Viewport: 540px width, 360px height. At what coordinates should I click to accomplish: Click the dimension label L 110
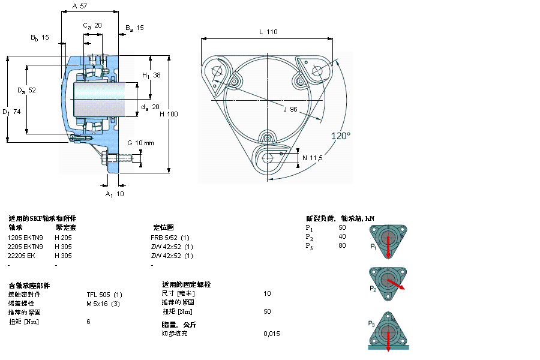coord(268,32)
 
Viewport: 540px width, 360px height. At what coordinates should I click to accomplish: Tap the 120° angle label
coord(341,136)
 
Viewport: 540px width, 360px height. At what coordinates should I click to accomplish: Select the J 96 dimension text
coord(290,109)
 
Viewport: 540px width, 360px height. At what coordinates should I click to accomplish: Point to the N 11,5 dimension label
coord(313,158)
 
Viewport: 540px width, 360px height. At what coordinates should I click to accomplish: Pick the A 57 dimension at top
coord(79,6)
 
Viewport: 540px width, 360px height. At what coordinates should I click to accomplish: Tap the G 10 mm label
coord(140,143)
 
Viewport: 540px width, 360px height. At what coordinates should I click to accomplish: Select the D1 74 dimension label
coord(11,112)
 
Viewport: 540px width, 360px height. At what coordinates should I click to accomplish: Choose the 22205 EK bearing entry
coord(21,256)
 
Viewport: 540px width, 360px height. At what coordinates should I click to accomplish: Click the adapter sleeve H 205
coord(63,237)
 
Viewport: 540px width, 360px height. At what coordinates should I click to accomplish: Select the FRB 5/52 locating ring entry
coord(170,237)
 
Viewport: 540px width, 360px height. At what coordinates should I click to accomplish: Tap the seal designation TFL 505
coord(104,294)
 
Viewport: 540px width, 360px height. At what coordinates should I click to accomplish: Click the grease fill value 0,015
coord(271,334)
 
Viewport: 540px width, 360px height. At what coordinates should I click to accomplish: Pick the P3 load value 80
coord(342,245)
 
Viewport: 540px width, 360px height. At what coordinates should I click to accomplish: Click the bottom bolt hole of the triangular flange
coord(269,157)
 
